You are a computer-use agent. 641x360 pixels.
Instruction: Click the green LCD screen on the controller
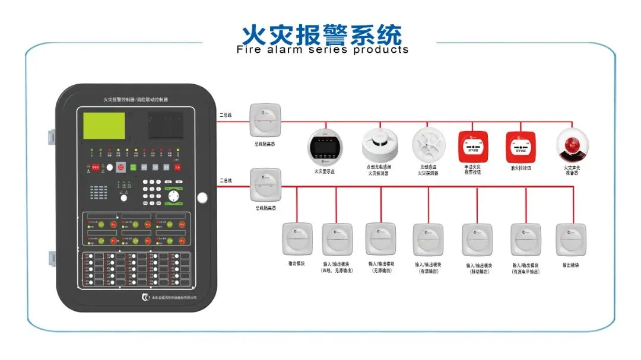[x=105, y=126]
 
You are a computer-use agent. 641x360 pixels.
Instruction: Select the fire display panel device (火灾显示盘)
[x=325, y=146]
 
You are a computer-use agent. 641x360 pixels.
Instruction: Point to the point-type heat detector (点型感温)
[x=429, y=145]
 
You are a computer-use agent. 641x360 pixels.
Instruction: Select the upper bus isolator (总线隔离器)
[x=265, y=120]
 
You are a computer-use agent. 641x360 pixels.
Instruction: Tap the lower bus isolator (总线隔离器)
[x=265, y=186]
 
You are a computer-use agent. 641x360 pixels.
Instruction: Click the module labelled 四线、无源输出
[x=337, y=239]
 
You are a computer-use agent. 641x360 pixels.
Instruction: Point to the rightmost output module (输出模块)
[x=570, y=239]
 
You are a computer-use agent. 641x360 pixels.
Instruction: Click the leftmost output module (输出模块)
[x=297, y=239]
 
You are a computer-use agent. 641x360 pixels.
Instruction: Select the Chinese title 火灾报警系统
[x=321, y=34]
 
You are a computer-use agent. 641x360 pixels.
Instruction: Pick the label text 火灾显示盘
[x=325, y=172]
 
